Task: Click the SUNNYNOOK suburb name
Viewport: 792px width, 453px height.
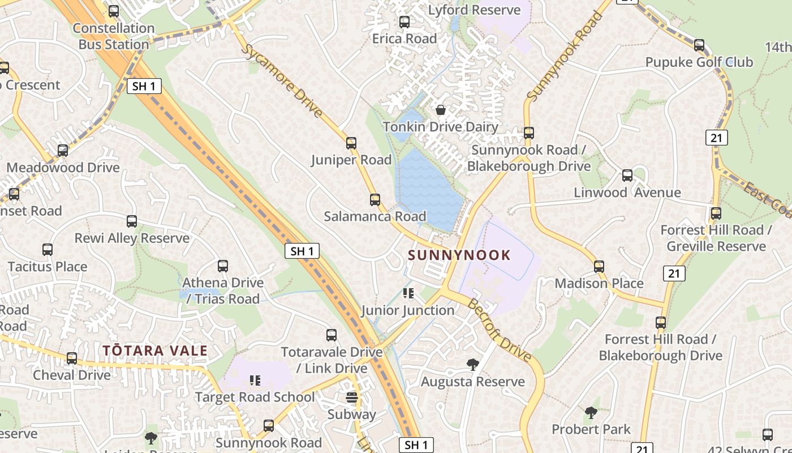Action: point(459,255)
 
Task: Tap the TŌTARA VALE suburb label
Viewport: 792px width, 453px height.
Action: point(155,351)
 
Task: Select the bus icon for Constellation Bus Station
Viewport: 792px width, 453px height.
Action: point(114,11)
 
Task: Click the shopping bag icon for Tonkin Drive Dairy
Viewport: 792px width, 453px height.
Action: point(440,109)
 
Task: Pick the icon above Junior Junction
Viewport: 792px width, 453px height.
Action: point(408,293)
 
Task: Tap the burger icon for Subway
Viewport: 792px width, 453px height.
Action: point(352,397)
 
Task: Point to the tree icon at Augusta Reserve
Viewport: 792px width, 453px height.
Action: point(472,364)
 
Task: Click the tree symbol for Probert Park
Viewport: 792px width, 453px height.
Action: point(591,412)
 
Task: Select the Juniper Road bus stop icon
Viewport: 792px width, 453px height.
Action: point(351,143)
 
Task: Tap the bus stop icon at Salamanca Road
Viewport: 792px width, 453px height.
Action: point(375,199)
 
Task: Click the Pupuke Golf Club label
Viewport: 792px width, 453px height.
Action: point(699,62)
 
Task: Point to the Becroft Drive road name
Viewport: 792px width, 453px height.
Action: point(500,329)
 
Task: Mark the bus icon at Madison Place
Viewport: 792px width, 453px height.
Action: point(599,266)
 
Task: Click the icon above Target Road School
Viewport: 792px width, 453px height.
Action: point(255,380)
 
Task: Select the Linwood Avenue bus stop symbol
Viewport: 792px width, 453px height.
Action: point(627,175)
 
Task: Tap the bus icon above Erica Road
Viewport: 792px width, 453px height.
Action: point(404,22)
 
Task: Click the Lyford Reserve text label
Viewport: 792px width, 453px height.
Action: point(474,10)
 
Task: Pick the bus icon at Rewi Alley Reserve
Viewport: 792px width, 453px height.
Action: point(132,221)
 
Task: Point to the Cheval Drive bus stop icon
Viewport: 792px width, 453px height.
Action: point(72,358)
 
